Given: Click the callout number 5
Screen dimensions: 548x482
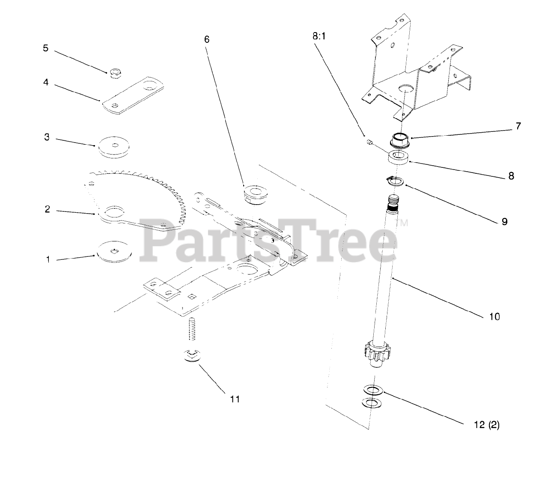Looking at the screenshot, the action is (x=46, y=48).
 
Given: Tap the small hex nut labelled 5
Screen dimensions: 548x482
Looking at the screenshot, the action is (x=114, y=73).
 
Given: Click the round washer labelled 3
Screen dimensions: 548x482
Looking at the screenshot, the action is (x=113, y=146).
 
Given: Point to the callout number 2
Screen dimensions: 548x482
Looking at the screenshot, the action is (x=47, y=209).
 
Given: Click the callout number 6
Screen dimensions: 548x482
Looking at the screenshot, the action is (x=207, y=39).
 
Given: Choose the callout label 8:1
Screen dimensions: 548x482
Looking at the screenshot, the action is (x=319, y=37).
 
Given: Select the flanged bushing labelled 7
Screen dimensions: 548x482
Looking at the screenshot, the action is (x=400, y=140).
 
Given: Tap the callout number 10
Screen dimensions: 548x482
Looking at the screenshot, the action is (x=494, y=316).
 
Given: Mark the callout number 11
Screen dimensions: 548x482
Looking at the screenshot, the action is (x=235, y=399).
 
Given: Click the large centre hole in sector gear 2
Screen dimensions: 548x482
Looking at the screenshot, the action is (x=114, y=211).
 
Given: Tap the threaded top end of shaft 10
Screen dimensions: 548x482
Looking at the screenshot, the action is (x=393, y=202).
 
